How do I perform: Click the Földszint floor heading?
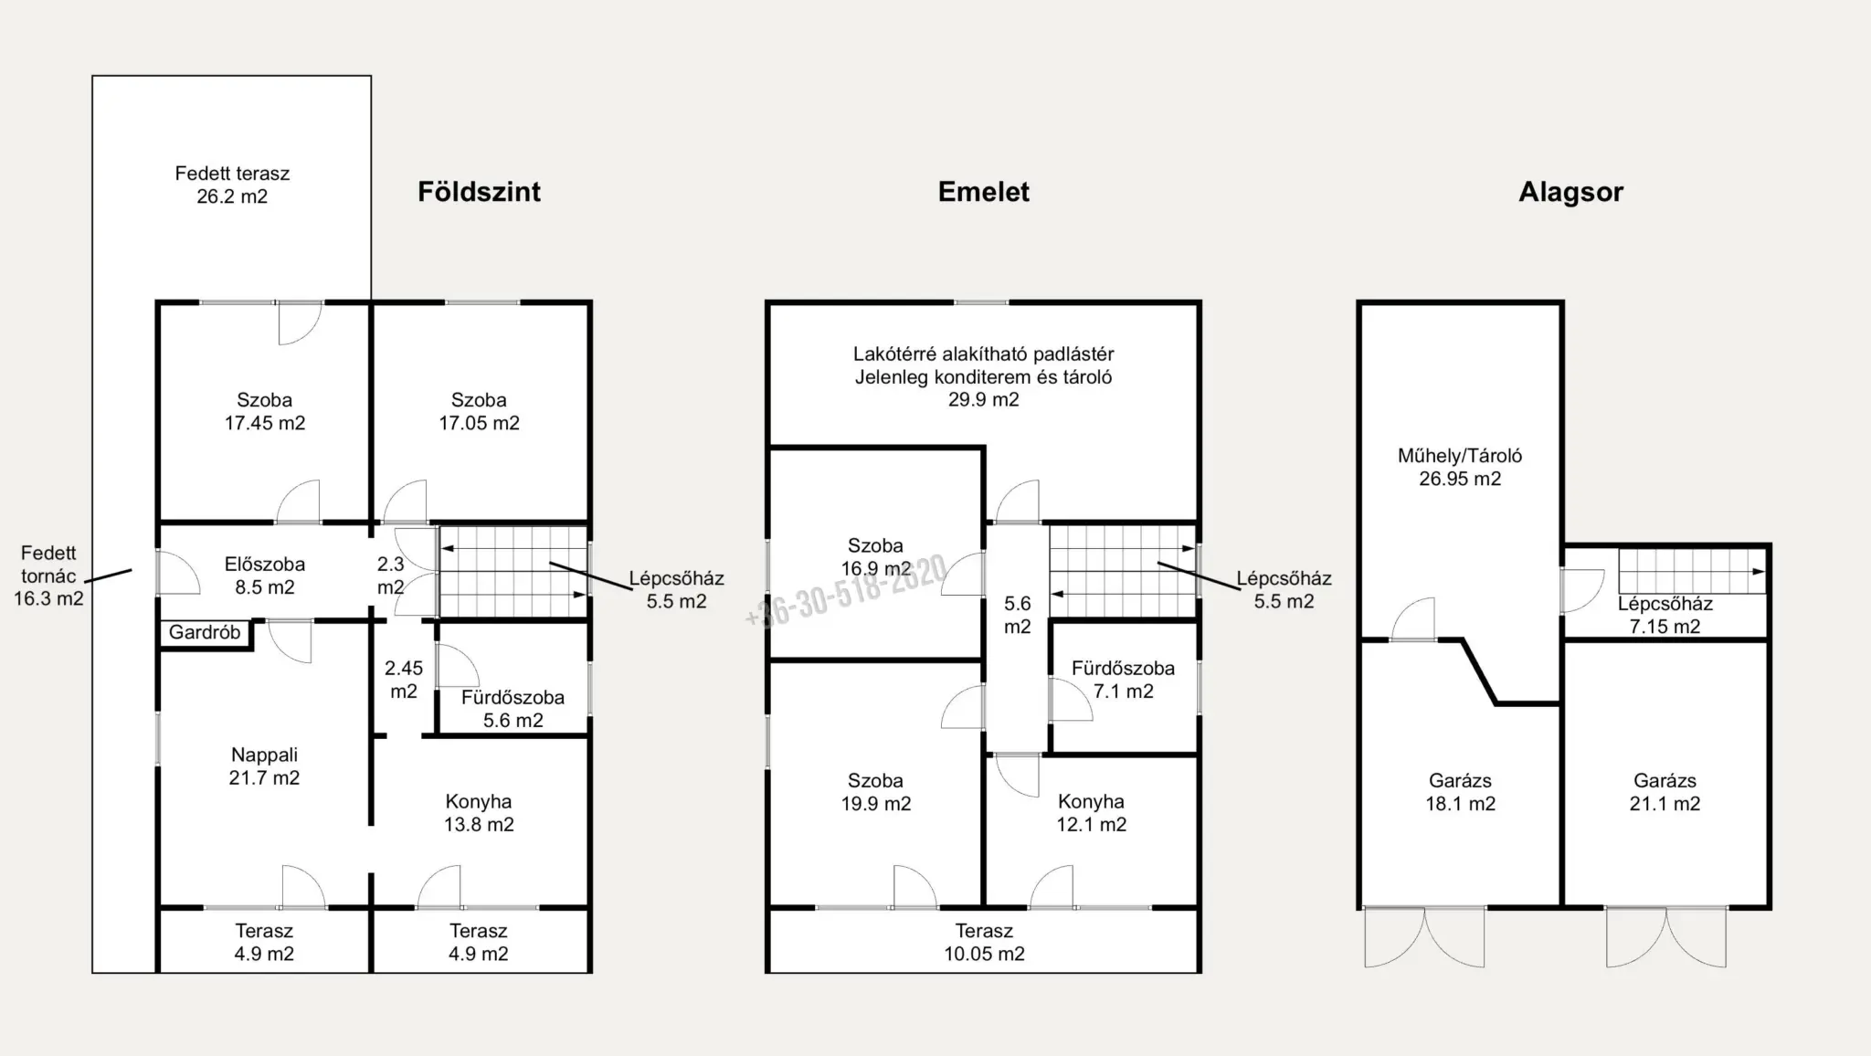[x=480, y=192]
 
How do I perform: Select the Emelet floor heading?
[x=984, y=192]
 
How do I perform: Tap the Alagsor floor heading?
[x=1571, y=192]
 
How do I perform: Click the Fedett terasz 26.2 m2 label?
[x=232, y=185]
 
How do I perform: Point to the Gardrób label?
[x=205, y=632]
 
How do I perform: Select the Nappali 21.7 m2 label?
[x=264, y=766]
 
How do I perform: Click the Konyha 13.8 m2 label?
[x=479, y=813]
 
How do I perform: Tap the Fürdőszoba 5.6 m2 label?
[x=513, y=709]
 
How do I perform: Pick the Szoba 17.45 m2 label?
[x=265, y=411]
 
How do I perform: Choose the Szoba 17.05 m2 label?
[x=479, y=411]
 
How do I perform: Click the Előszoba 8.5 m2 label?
[x=265, y=576]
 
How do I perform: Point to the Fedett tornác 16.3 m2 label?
[x=48, y=576]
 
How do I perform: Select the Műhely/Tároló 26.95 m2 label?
[x=1460, y=467]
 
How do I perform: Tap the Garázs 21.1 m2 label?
[x=1665, y=792]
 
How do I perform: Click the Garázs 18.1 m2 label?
[x=1460, y=792]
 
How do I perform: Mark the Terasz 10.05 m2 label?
[x=984, y=942]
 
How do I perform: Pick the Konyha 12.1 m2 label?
[x=1091, y=813]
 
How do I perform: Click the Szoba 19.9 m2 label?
[x=875, y=792]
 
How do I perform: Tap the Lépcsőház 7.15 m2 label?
[x=1665, y=615]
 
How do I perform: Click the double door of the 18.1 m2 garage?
[x=1424, y=936]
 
